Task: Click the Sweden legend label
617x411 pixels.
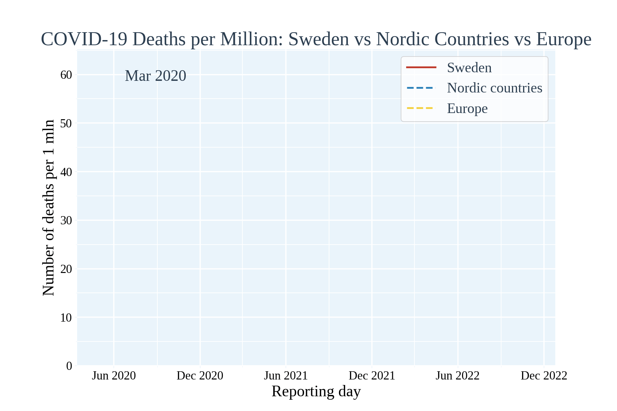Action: tap(469, 68)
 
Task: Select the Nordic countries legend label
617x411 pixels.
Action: tap(494, 88)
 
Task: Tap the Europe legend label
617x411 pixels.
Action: tap(467, 109)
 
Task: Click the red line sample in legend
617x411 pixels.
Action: tap(421, 67)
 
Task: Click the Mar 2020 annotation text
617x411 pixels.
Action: tap(155, 76)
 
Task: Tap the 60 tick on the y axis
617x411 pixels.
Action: tap(66, 75)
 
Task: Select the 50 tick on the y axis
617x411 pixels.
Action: tap(66, 123)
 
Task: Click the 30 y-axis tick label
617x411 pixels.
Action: tap(66, 220)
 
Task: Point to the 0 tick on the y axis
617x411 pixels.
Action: tap(69, 366)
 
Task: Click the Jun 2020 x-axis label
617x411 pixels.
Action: tap(114, 376)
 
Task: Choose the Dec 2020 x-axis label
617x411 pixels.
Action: tap(200, 376)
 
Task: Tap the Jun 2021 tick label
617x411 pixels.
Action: tap(286, 376)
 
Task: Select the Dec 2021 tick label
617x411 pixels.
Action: tap(372, 376)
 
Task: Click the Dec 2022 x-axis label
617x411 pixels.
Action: tap(544, 376)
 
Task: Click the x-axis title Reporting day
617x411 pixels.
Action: tap(316, 391)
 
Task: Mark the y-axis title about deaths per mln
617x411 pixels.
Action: tap(48, 208)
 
